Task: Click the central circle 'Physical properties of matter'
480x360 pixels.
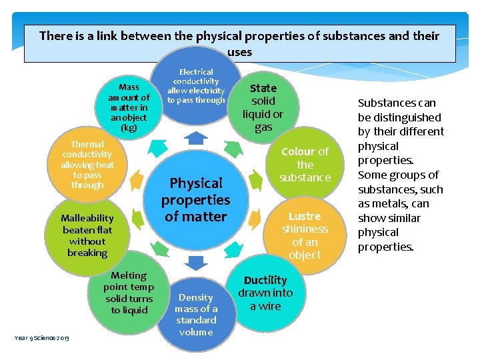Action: click(x=195, y=199)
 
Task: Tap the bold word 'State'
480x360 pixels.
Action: click(x=263, y=88)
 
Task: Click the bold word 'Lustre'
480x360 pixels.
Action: click(x=305, y=216)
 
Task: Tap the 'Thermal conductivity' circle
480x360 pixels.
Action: click(x=87, y=164)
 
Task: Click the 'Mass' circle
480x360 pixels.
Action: click(x=129, y=107)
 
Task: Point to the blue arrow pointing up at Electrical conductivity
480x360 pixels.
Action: click(x=195, y=139)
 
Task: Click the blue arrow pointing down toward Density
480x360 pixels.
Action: click(x=195, y=262)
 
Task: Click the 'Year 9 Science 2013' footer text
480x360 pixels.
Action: click(x=41, y=337)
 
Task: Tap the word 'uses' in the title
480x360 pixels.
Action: click(x=239, y=51)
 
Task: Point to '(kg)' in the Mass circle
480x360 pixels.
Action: click(x=129, y=127)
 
